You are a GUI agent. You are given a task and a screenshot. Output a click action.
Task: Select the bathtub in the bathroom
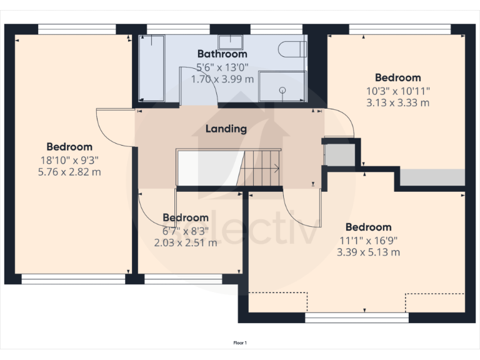point(151,68)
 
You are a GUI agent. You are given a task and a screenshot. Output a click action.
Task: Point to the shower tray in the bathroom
point(282,86)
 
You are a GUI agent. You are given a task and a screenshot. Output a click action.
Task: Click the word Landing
point(226,129)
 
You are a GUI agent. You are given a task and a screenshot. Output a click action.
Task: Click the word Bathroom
point(222,54)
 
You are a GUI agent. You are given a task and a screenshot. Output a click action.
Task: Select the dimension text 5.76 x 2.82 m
point(69,171)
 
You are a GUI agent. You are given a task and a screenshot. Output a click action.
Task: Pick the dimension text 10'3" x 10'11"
point(398,91)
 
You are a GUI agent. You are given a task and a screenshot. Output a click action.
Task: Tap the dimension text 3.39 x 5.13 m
point(368,252)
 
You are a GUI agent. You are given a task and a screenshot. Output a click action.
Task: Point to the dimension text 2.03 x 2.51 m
point(186,242)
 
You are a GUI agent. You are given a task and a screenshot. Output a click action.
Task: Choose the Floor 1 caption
point(240,342)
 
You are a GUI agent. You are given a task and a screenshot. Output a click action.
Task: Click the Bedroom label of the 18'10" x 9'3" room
point(69,147)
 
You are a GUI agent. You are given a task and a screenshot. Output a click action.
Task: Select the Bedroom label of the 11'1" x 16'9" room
point(368,227)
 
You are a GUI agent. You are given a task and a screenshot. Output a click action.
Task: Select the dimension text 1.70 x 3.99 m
point(222,79)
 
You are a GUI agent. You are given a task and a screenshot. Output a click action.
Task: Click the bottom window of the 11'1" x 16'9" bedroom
point(356,317)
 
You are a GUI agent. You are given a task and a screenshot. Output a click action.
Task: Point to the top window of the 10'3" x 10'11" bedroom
point(399,29)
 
